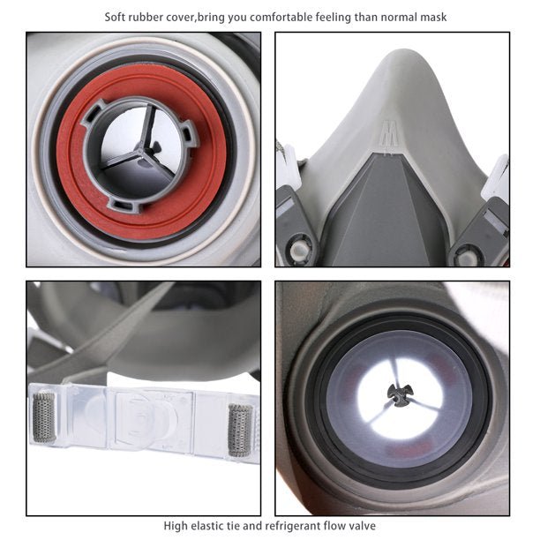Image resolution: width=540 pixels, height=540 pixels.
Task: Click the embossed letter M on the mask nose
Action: point(387,133)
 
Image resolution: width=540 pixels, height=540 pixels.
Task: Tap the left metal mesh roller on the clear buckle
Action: point(44,417)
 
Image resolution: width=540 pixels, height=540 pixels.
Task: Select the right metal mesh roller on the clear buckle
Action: point(241,430)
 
